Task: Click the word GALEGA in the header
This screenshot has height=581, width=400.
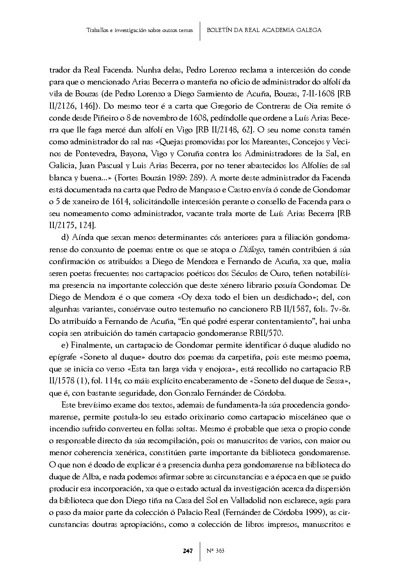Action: point(309,30)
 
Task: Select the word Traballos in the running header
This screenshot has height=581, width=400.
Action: point(98,30)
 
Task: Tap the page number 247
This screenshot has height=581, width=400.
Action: point(188,551)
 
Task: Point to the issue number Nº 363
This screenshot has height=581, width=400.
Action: point(215,551)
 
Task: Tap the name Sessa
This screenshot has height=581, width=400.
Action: point(334,381)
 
